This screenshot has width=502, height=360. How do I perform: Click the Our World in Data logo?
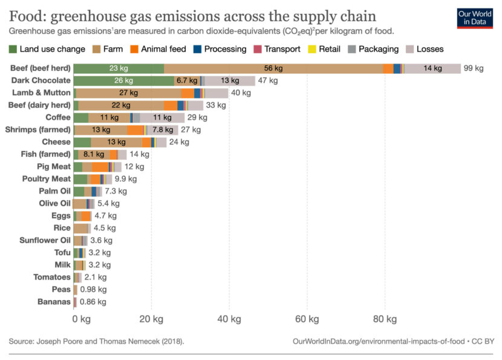475,19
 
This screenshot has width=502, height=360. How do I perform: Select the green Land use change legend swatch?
13,50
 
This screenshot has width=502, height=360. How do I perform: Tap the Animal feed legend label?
163,49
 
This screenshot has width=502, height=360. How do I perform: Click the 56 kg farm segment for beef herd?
273,68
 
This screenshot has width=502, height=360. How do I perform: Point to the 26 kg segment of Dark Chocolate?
124,80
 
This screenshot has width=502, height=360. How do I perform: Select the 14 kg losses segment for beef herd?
432,68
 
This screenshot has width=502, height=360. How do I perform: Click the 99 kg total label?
474,68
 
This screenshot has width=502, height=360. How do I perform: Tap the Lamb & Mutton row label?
41,93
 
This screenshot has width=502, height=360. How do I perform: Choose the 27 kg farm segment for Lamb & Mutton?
128,93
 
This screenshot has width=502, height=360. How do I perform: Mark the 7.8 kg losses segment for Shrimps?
163,130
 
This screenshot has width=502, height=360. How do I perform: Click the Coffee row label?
58,117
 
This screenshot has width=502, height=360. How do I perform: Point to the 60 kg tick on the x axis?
307,319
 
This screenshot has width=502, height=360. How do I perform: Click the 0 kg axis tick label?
81,319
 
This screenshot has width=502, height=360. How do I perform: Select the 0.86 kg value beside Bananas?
93,302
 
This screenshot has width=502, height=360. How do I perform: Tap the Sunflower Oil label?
45,240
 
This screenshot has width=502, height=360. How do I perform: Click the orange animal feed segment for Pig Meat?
100,167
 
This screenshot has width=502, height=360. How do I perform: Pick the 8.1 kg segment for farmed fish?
94,155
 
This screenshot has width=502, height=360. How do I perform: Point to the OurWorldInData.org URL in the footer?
379,341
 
